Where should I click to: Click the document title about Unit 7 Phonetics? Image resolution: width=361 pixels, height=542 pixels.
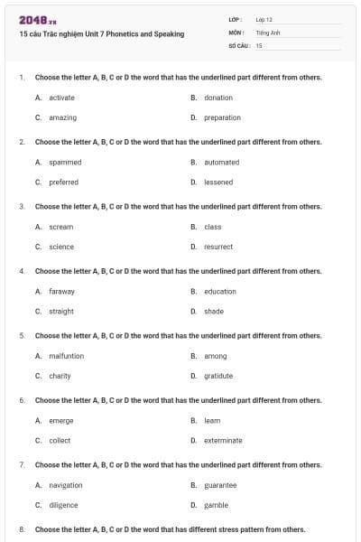(101, 34)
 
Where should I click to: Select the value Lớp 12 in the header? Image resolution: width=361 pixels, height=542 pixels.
(264, 19)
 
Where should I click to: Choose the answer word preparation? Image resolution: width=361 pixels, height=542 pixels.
(222, 117)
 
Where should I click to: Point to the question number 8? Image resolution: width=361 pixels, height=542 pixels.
(22, 529)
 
